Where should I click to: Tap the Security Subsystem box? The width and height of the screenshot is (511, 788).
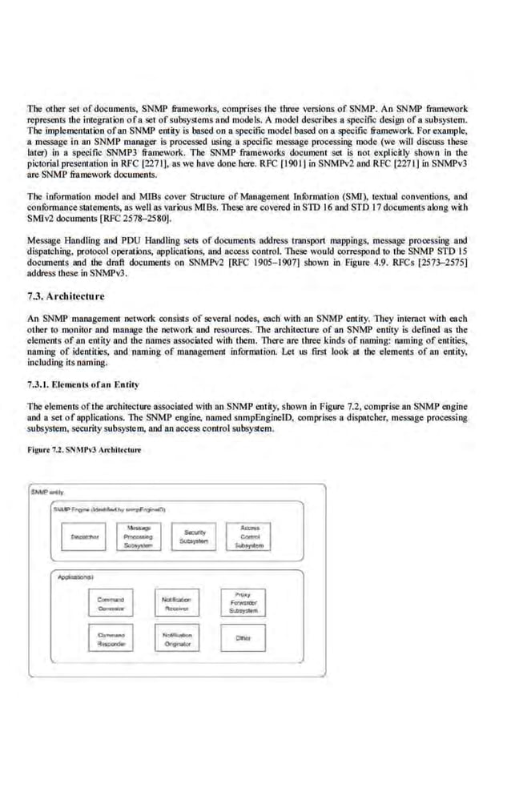(x=195, y=536)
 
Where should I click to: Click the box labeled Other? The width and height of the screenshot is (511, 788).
(x=244, y=638)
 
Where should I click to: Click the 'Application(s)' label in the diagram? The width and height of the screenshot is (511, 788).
(x=74, y=577)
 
